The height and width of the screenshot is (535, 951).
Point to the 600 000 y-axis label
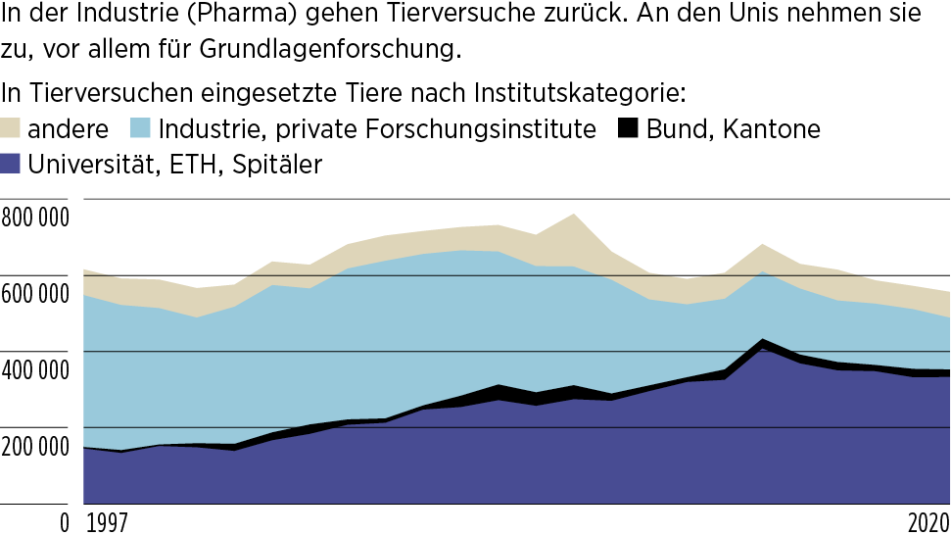coord(35,293)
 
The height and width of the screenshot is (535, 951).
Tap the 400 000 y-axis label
coord(35,369)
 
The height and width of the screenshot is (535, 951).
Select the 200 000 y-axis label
coord(35,446)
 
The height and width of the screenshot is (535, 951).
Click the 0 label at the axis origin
coord(65,522)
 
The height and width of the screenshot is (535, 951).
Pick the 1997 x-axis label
coord(108,521)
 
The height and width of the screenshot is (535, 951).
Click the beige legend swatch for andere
coord(12,128)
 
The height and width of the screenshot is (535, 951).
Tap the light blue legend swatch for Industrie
coord(141,128)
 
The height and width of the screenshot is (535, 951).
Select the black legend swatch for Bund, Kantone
coord(628,128)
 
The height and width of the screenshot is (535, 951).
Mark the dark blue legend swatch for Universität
coord(12,164)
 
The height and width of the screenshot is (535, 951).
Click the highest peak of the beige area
coord(574,215)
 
